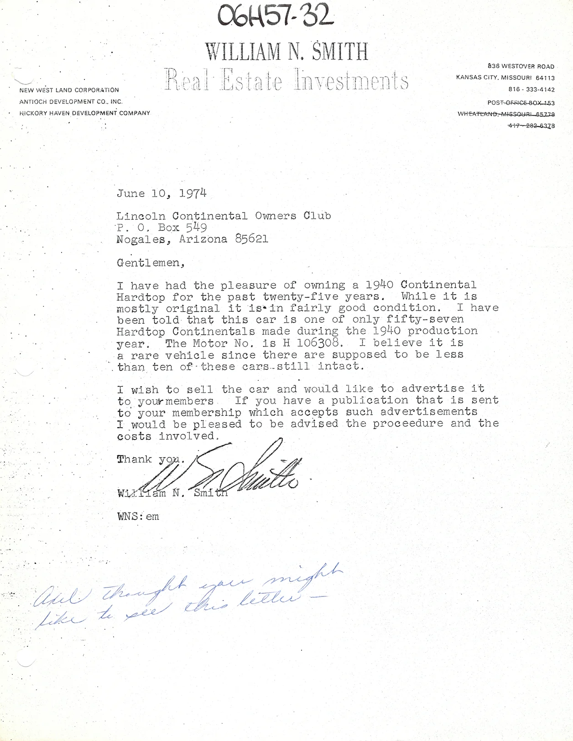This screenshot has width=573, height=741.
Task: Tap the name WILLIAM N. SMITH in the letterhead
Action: tap(286, 52)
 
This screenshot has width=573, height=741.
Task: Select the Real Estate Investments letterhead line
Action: tap(286, 79)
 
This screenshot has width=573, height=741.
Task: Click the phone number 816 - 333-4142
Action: tap(531, 90)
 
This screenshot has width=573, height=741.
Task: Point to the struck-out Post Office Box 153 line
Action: tap(521, 103)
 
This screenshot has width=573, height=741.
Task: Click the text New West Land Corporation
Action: tap(69, 90)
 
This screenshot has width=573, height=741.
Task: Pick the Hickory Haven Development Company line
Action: tap(84, 113)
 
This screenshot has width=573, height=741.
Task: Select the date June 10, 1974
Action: tap(161, 193)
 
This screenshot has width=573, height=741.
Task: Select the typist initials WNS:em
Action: tap(138, 517)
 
